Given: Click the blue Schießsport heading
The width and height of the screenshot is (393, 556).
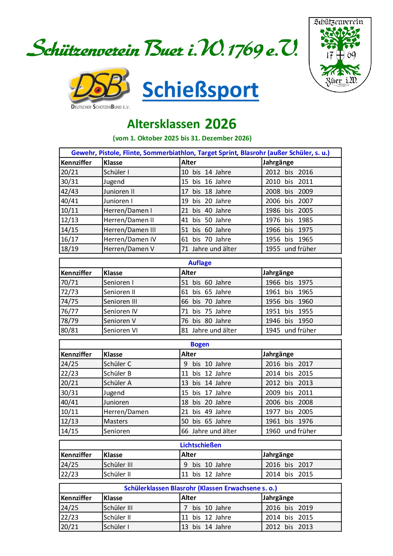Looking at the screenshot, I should click(x=200, y=90).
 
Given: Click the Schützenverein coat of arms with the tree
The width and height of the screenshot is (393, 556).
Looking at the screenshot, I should click(x=340, y=55).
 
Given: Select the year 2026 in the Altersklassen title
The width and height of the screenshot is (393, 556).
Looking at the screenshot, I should click(x=221, y=124).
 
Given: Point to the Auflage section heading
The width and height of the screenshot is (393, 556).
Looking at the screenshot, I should click(x=200, y=263).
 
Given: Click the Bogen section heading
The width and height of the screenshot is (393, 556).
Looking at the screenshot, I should click(x=200, y=344).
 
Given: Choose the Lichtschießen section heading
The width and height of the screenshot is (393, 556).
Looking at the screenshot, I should click(x=200, y=445).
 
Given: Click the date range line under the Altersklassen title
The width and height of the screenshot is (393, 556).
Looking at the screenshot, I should click(x=182, y=138).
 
